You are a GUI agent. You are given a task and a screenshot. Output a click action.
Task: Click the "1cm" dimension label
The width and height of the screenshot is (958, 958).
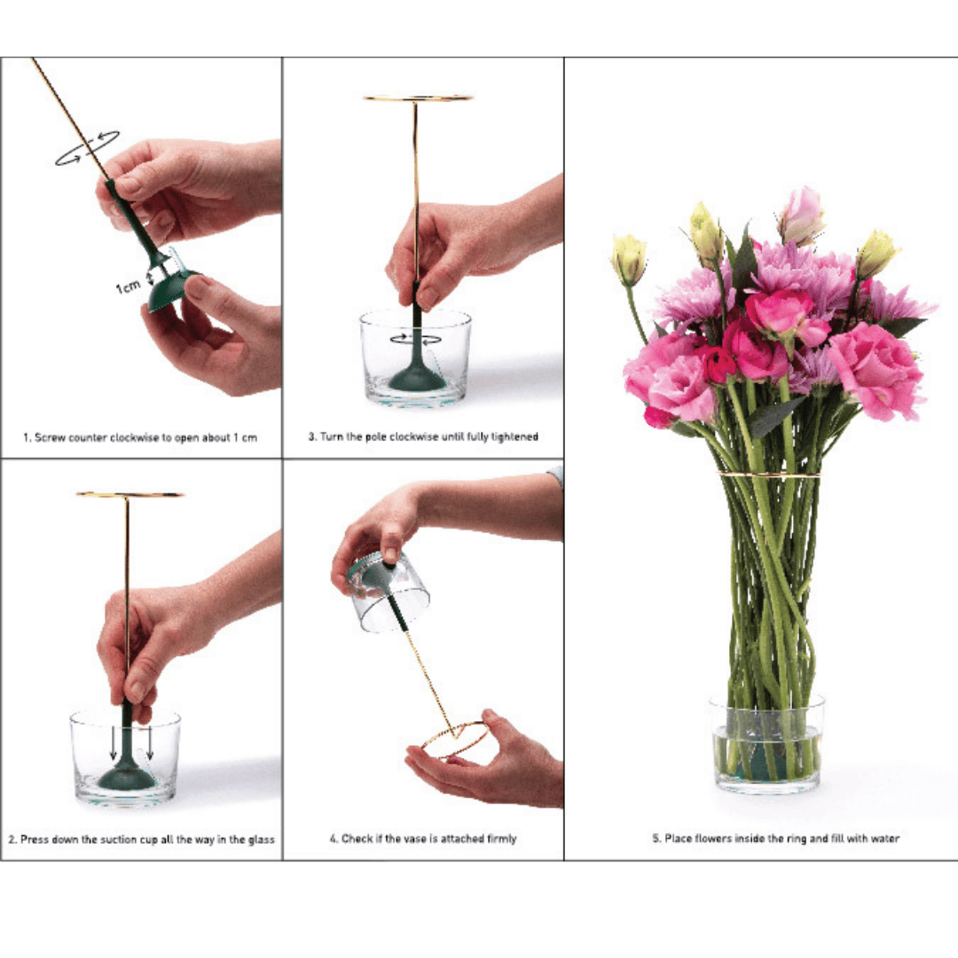pos(129,286)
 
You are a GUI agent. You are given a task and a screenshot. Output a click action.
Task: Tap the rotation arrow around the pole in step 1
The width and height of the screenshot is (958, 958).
pos(87,148)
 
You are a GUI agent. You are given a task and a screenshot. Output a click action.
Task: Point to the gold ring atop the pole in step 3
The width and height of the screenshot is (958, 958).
pos(418,98)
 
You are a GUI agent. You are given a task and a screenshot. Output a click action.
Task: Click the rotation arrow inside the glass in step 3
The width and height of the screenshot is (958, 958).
pos(415,339)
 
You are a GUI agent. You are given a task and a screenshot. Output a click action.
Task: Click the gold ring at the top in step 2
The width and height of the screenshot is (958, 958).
pos(130,494)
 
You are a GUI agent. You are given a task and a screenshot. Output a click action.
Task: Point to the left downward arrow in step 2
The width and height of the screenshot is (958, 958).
pos(114,743)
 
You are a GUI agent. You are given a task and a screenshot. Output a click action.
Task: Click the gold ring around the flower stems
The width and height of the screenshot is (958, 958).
pos(768,474)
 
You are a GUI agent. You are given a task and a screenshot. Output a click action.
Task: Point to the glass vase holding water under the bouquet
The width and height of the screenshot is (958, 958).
pos(766,743)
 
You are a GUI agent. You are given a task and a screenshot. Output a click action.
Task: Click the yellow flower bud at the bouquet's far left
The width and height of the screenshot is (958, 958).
pos(629,260)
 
